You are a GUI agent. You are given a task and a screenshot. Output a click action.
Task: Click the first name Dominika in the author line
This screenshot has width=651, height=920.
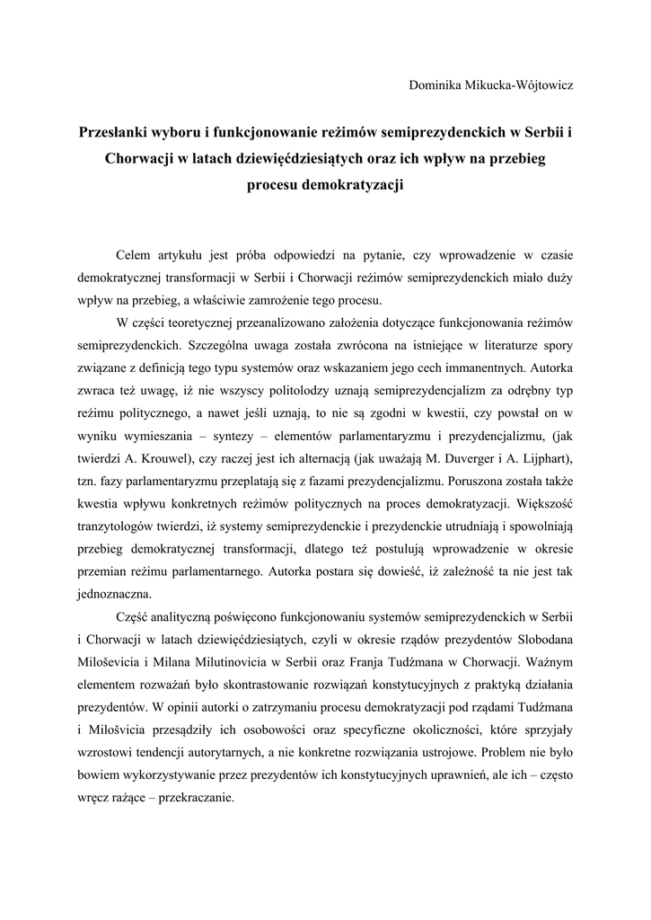(x=435, y=85)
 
